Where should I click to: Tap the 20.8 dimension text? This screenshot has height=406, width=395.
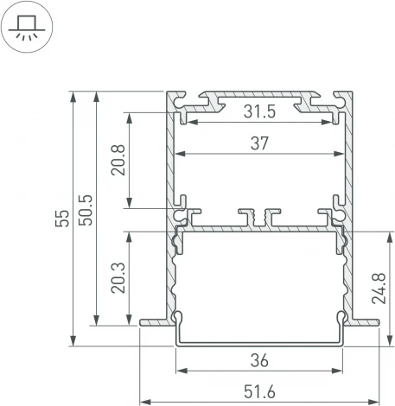(x=118, y=160)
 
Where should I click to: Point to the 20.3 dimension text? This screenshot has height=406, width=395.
(x=118, y=276)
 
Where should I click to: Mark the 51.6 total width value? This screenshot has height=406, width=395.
(x=259, y=392)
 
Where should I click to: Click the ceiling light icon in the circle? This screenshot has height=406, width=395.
(x=27, y=28)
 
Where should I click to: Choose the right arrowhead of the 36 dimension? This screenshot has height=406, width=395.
(x=341, y=373)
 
